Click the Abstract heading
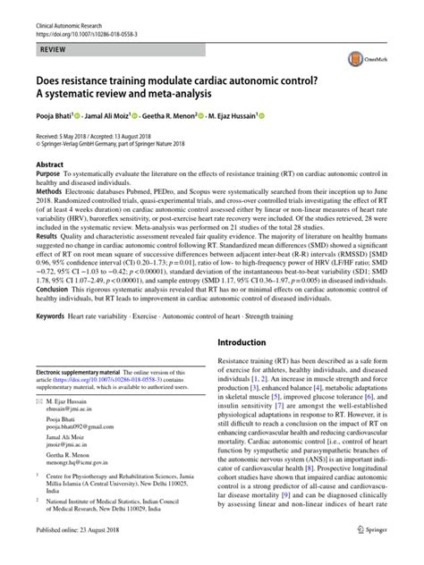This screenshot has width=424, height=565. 50,165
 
